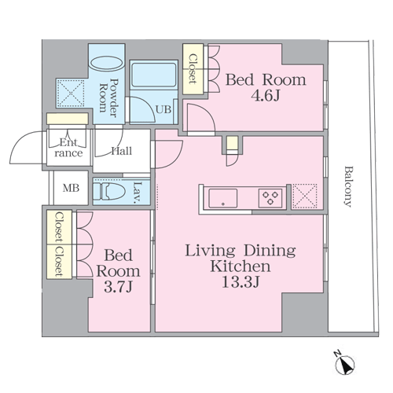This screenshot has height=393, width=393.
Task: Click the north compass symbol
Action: tap(344, 364)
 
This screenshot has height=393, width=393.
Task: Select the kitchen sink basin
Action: tap(223, 198)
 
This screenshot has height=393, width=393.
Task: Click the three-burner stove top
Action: tap(270, 198)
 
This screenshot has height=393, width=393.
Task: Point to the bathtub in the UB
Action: tap(153, 75)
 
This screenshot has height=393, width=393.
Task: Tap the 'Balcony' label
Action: tap(348, 186)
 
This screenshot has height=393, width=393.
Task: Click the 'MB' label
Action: tap(71, 188)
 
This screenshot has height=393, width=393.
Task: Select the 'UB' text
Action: tap(163, 109)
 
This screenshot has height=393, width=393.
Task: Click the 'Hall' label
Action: tap(122, 151)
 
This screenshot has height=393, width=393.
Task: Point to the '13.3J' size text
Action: tap(241, 282)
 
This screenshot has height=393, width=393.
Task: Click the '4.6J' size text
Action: tap(266, 96)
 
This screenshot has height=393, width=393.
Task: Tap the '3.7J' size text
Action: tap(118, 287)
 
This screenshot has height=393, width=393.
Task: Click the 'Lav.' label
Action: tap(137, 193)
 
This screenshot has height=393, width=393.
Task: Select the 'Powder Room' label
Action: tap(108, 98)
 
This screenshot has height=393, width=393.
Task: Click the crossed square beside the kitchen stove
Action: tap(304, 196)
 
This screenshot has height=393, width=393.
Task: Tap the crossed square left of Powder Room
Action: tap(71, 94)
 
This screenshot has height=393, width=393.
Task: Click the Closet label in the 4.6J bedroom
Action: tap(193, 69)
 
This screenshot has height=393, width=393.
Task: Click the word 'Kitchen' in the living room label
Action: tap(241, 266)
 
